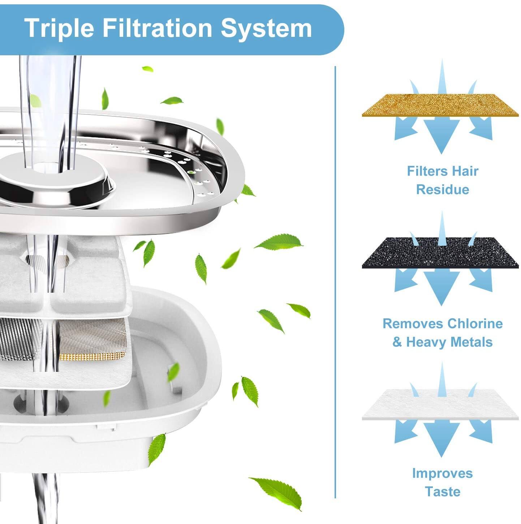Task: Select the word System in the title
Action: [266, 28]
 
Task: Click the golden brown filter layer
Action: [440, 105]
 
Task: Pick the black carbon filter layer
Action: [440, 253]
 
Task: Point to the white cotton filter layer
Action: [440, 404]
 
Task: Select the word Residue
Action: [443, 190]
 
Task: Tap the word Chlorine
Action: [475, 323]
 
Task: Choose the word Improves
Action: [442, 473]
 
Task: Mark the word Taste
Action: [442, 492]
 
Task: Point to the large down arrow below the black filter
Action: [441, 285]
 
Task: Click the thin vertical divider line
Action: [336, 282]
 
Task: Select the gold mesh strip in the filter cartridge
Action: [92, 357]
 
